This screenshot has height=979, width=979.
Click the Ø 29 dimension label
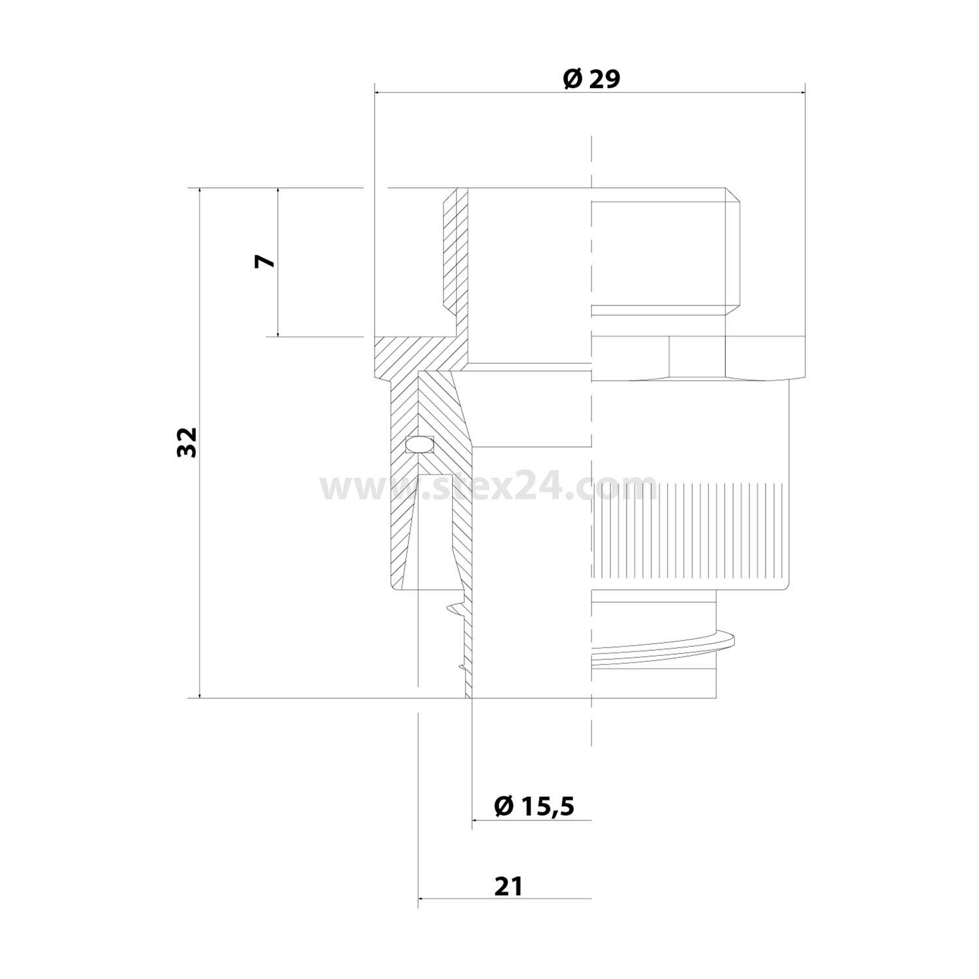click(591, 79)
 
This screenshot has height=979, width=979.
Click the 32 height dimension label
click(187, 443)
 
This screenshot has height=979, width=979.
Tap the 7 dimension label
click(266, 261)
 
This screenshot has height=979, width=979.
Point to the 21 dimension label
click(508, 886)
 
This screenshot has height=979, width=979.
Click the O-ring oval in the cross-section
click(418, 444)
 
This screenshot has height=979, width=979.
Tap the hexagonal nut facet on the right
click(697, 357)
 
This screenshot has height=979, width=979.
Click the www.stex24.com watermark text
click(488, 487)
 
